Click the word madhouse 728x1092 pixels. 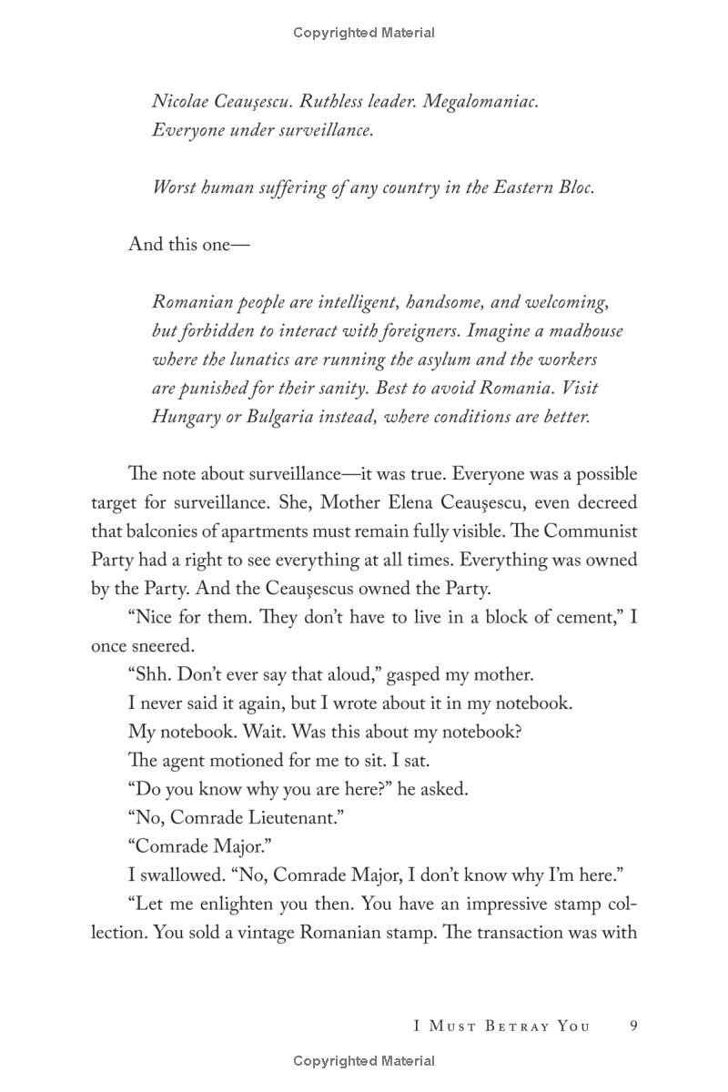tap(583, 330)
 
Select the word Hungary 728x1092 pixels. tap(186, 417)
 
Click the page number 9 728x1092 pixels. tap(633, 1026)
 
